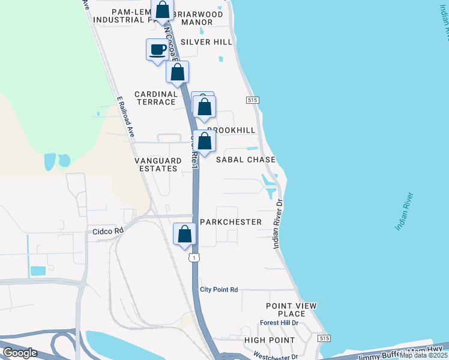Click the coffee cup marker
point(157,49)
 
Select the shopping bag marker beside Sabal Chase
point(205,142)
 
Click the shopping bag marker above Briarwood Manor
point(162,10)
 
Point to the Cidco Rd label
point(108,230)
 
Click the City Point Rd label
point(218,289)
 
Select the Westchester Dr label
point(276,356)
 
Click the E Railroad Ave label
point(125,117)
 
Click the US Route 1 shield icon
point(193,257)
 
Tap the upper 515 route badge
point(252,100)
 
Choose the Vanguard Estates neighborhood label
point(157,164)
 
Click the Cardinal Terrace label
point(156,98)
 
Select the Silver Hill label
point(206,42)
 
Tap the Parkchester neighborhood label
point(231,222)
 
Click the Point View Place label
point(291,310)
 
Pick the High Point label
point(270,340)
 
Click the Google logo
point(20,353)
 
